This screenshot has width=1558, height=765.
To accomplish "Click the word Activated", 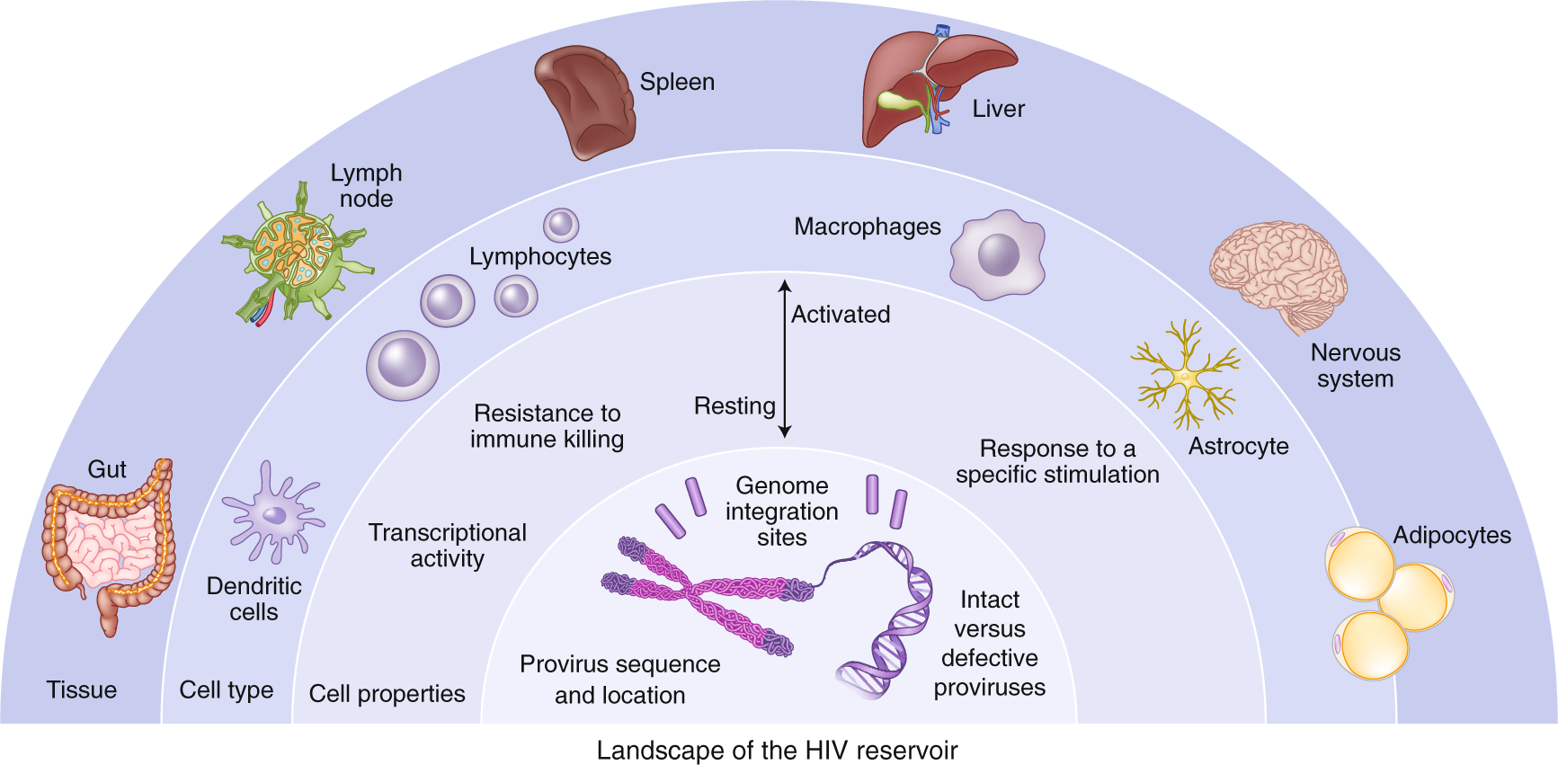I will [x=841, y=315].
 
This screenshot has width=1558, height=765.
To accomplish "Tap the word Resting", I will [x=734, y=406].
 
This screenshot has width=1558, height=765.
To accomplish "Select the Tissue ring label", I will [x=82, y=690].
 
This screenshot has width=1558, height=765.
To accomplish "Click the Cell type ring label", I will [x=227, y=690].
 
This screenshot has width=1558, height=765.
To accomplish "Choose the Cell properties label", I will [x=387, y=694].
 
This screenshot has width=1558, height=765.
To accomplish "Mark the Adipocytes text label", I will [x=1451, y=536].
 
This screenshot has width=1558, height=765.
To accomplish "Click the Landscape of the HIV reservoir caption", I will [x=777, y=751].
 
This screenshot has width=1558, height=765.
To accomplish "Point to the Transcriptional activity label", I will [x=447, y=546].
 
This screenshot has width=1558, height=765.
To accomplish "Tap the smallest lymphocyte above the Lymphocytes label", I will [x=561, y=225].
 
